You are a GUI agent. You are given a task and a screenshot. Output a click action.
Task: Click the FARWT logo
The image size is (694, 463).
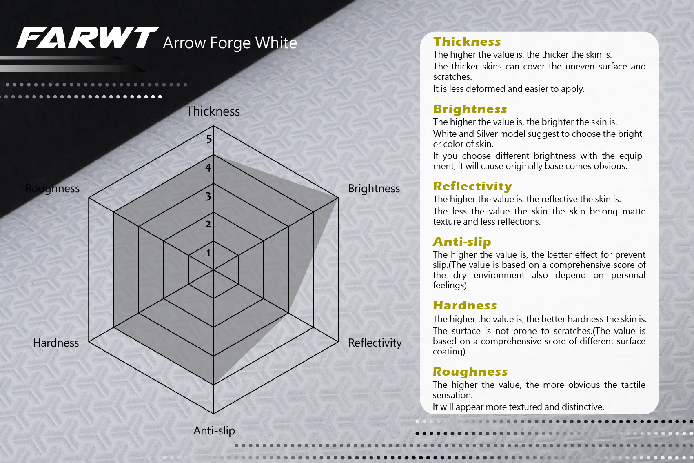click(x=88, y=38)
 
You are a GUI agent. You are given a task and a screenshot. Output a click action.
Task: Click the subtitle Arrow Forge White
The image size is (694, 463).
click(x=230, y=43)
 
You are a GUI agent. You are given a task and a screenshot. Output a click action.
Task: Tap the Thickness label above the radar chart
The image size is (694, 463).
click(x=213, y=111)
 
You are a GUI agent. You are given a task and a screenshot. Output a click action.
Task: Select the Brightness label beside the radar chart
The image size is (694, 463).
click(x=374, y=189)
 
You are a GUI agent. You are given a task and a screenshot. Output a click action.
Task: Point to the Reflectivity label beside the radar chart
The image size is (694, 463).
click(x=375, y=343)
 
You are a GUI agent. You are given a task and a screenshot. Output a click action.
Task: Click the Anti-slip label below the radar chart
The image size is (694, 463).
click(x=214, y=431)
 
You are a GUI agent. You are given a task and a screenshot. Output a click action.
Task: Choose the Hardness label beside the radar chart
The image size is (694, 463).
click(x=56, y=343)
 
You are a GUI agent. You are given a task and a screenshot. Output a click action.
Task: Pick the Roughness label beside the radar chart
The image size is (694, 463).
click(x=52, y=189)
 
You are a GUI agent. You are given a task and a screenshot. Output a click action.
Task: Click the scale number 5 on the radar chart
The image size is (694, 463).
click(x=209, y=140)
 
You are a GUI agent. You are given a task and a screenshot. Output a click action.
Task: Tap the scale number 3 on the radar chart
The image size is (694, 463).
click(x=208, y=196)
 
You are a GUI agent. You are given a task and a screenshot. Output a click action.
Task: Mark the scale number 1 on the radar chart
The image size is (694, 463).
click(x=208, y=253)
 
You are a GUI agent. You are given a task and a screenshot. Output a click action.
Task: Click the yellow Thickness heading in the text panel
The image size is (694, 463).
click(x=467, y=42)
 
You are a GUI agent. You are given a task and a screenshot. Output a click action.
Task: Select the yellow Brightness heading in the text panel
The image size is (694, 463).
click(x=470, y=109)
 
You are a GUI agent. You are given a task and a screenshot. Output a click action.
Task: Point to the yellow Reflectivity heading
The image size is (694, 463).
click(x=472, y=186)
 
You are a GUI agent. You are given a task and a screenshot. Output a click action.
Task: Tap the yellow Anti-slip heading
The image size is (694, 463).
click(x=462, y=242)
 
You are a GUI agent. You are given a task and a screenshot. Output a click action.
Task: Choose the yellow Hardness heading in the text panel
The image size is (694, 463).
click(x=465, y=305)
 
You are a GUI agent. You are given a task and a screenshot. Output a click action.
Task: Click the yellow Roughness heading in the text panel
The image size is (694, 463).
click(x=470, y=372)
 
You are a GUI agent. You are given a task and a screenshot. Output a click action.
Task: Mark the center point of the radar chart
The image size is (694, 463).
click(x=213, y=269)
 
